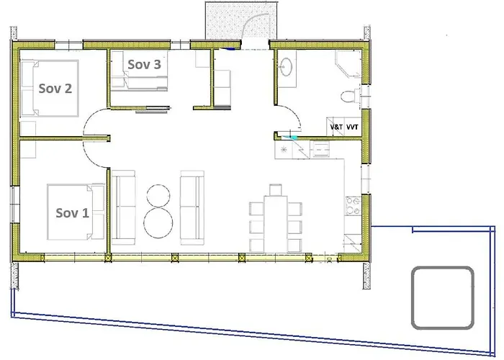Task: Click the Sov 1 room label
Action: coord(72,213)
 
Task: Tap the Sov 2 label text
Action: coord(55,89)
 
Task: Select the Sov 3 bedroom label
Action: coord(144,64)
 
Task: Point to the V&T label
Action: coord(336,127)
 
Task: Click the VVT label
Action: coord(352,127)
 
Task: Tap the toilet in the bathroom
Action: coord(350,96)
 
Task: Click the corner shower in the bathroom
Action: coord(348,63)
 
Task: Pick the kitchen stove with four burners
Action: coord(353,206)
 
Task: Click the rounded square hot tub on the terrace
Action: coord(443,297)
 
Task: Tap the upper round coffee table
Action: coord(158,196)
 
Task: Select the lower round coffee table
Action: coord(158,222)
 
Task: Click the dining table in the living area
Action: coord(276,224)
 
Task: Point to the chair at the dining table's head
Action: coord(276,189)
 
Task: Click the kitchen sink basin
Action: coord(320,150)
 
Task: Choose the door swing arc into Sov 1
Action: coord(92,160)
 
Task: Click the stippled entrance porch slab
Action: coord(241,20)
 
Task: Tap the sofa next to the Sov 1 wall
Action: coord(124,207)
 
